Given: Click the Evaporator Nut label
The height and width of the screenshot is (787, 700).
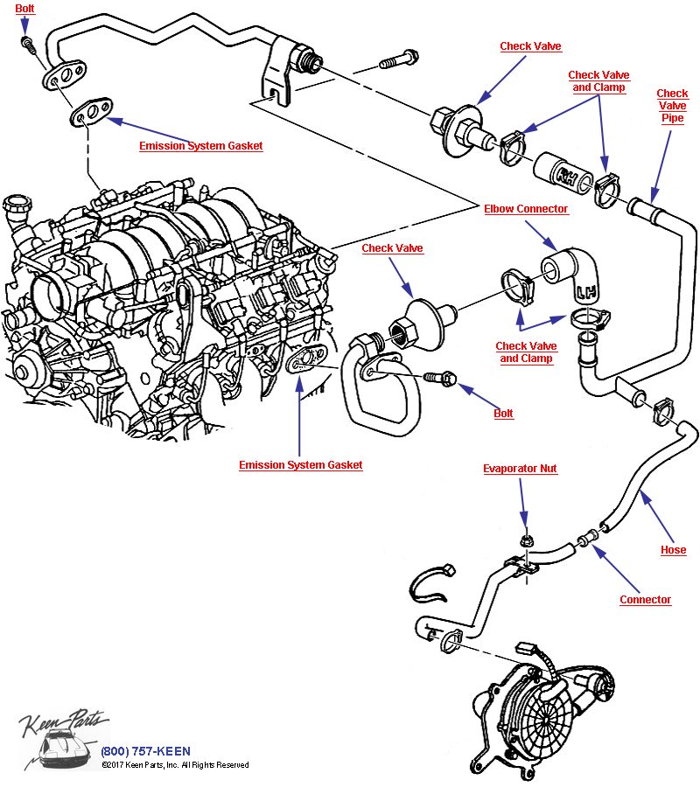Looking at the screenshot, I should click(x=520, y=469).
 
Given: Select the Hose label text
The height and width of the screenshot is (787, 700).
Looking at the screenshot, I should click(x=673, y=550).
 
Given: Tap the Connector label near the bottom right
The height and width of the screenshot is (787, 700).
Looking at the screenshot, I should click(x=645, y=599).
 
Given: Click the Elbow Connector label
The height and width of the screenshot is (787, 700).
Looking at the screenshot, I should click(x=526, y=209).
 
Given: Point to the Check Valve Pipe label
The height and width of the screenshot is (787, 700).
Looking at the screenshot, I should click(x=672, y=106).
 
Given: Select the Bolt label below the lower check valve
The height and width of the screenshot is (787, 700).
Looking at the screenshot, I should click(x=502, y=413).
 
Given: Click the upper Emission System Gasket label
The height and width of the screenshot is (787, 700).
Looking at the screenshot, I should click(x=200, y=146).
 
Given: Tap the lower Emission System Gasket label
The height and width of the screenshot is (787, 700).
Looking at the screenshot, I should click(x=300, y=465).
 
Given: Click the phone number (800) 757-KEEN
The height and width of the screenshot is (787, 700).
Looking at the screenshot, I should click(x=145, y=751).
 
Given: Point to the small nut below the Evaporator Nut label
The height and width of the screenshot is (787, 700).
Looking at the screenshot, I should click(x=525, y=542).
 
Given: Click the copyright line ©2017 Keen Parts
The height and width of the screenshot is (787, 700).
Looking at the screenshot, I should click(x=174, y=765).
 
